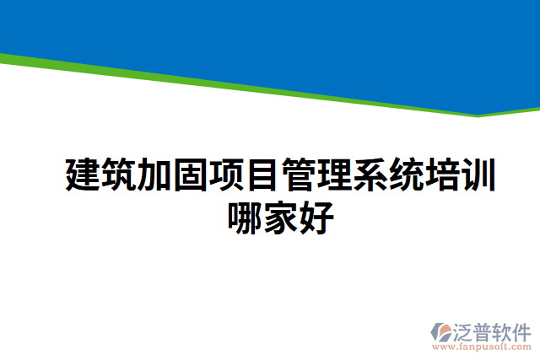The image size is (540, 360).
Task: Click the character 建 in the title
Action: (83, 175)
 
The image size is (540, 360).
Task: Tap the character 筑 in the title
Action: (118, 175)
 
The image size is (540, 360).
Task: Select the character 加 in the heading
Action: (154, 175)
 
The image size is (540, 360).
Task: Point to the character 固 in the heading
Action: (190, 175)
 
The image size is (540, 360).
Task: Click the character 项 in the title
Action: (226, 175)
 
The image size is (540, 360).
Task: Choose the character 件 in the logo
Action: (521, 330)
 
